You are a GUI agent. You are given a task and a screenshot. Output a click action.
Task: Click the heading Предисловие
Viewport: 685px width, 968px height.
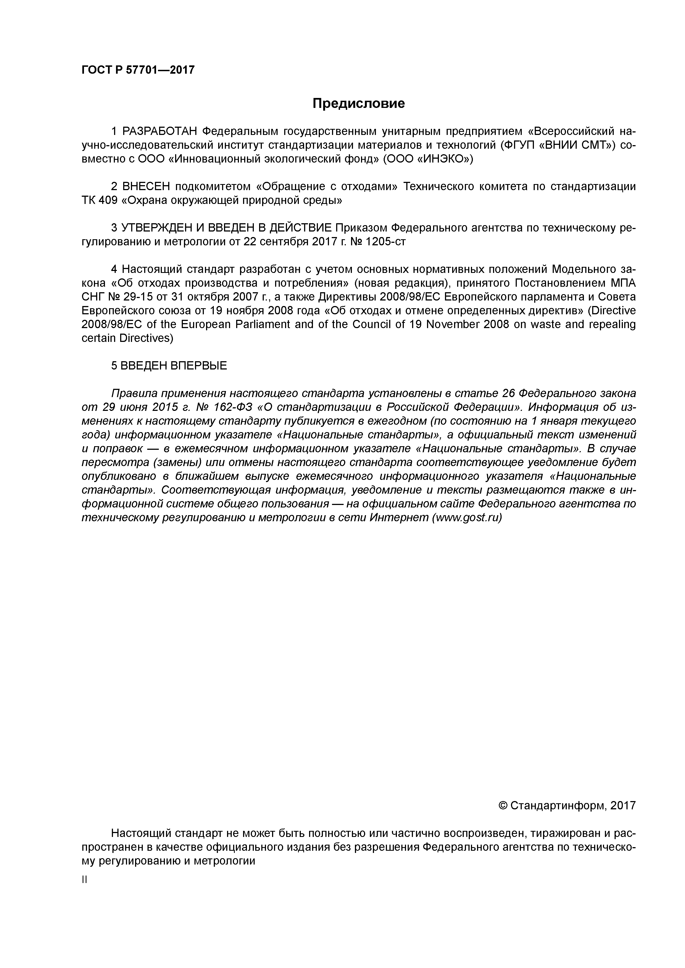[358, 103]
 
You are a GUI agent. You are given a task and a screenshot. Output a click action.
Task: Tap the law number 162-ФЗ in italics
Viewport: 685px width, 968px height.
[229, 407]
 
